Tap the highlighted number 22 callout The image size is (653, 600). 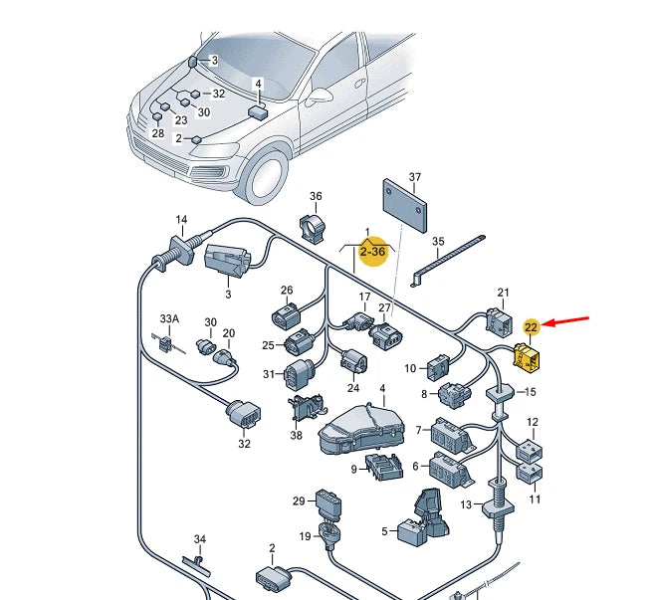(x=532, y=326)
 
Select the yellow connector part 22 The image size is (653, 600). (x=525, y=355)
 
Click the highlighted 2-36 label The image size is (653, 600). (x=372, y=253)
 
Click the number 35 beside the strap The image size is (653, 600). (x=438, y=242)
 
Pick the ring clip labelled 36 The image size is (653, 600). (x=316, y=226)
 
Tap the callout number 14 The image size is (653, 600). (x=181, y=220)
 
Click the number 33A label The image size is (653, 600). (x=170, y=319)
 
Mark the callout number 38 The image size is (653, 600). (x=296, y=435)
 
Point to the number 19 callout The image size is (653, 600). (x=306, y=536)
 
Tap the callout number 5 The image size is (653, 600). (x=384, y=532)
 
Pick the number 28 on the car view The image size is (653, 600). (x=157, y=133)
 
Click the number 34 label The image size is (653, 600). (x=199, y=539)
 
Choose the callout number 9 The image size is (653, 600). (x=353, y=469)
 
